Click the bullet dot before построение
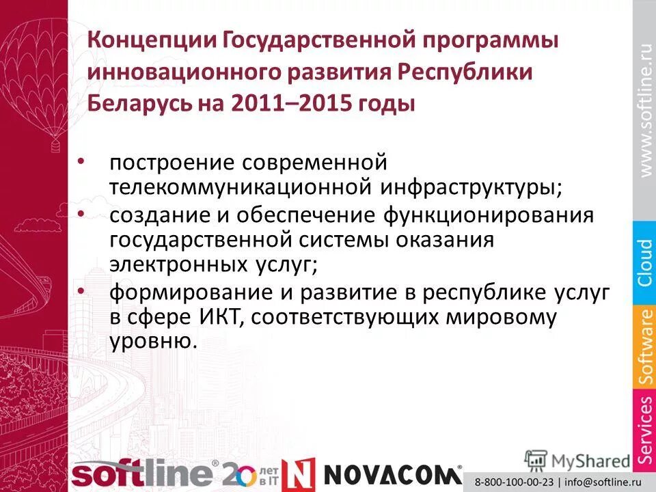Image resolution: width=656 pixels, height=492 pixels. tap(82, 161)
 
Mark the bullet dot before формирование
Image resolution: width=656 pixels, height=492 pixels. tap(82, 291)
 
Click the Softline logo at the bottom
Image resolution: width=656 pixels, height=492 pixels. tap(143, 474)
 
